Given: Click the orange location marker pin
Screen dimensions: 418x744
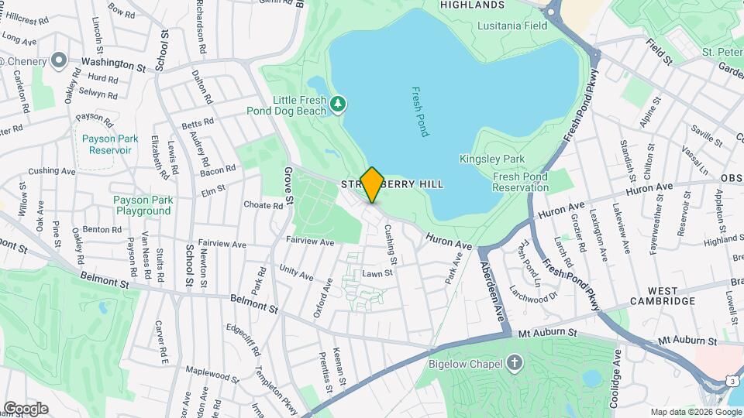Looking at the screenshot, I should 372,184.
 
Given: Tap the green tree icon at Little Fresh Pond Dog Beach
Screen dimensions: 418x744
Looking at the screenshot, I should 337,103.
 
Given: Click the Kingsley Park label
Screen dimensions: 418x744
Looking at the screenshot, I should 503,159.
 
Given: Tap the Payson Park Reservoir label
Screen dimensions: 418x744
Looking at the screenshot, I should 110,144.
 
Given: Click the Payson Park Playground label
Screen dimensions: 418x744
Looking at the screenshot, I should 142,205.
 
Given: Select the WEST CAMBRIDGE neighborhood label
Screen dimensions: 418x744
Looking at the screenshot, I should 662,300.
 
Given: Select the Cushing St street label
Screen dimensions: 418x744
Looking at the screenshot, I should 391,245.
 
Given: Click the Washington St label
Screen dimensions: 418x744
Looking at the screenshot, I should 114,61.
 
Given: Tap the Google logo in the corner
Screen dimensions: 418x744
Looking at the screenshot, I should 25,409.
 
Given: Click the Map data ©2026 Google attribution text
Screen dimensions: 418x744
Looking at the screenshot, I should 695,412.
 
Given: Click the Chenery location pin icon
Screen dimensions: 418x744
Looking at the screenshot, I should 58,61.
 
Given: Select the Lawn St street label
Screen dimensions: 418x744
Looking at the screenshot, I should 378,274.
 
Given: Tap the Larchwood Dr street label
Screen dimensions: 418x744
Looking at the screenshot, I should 534,293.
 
